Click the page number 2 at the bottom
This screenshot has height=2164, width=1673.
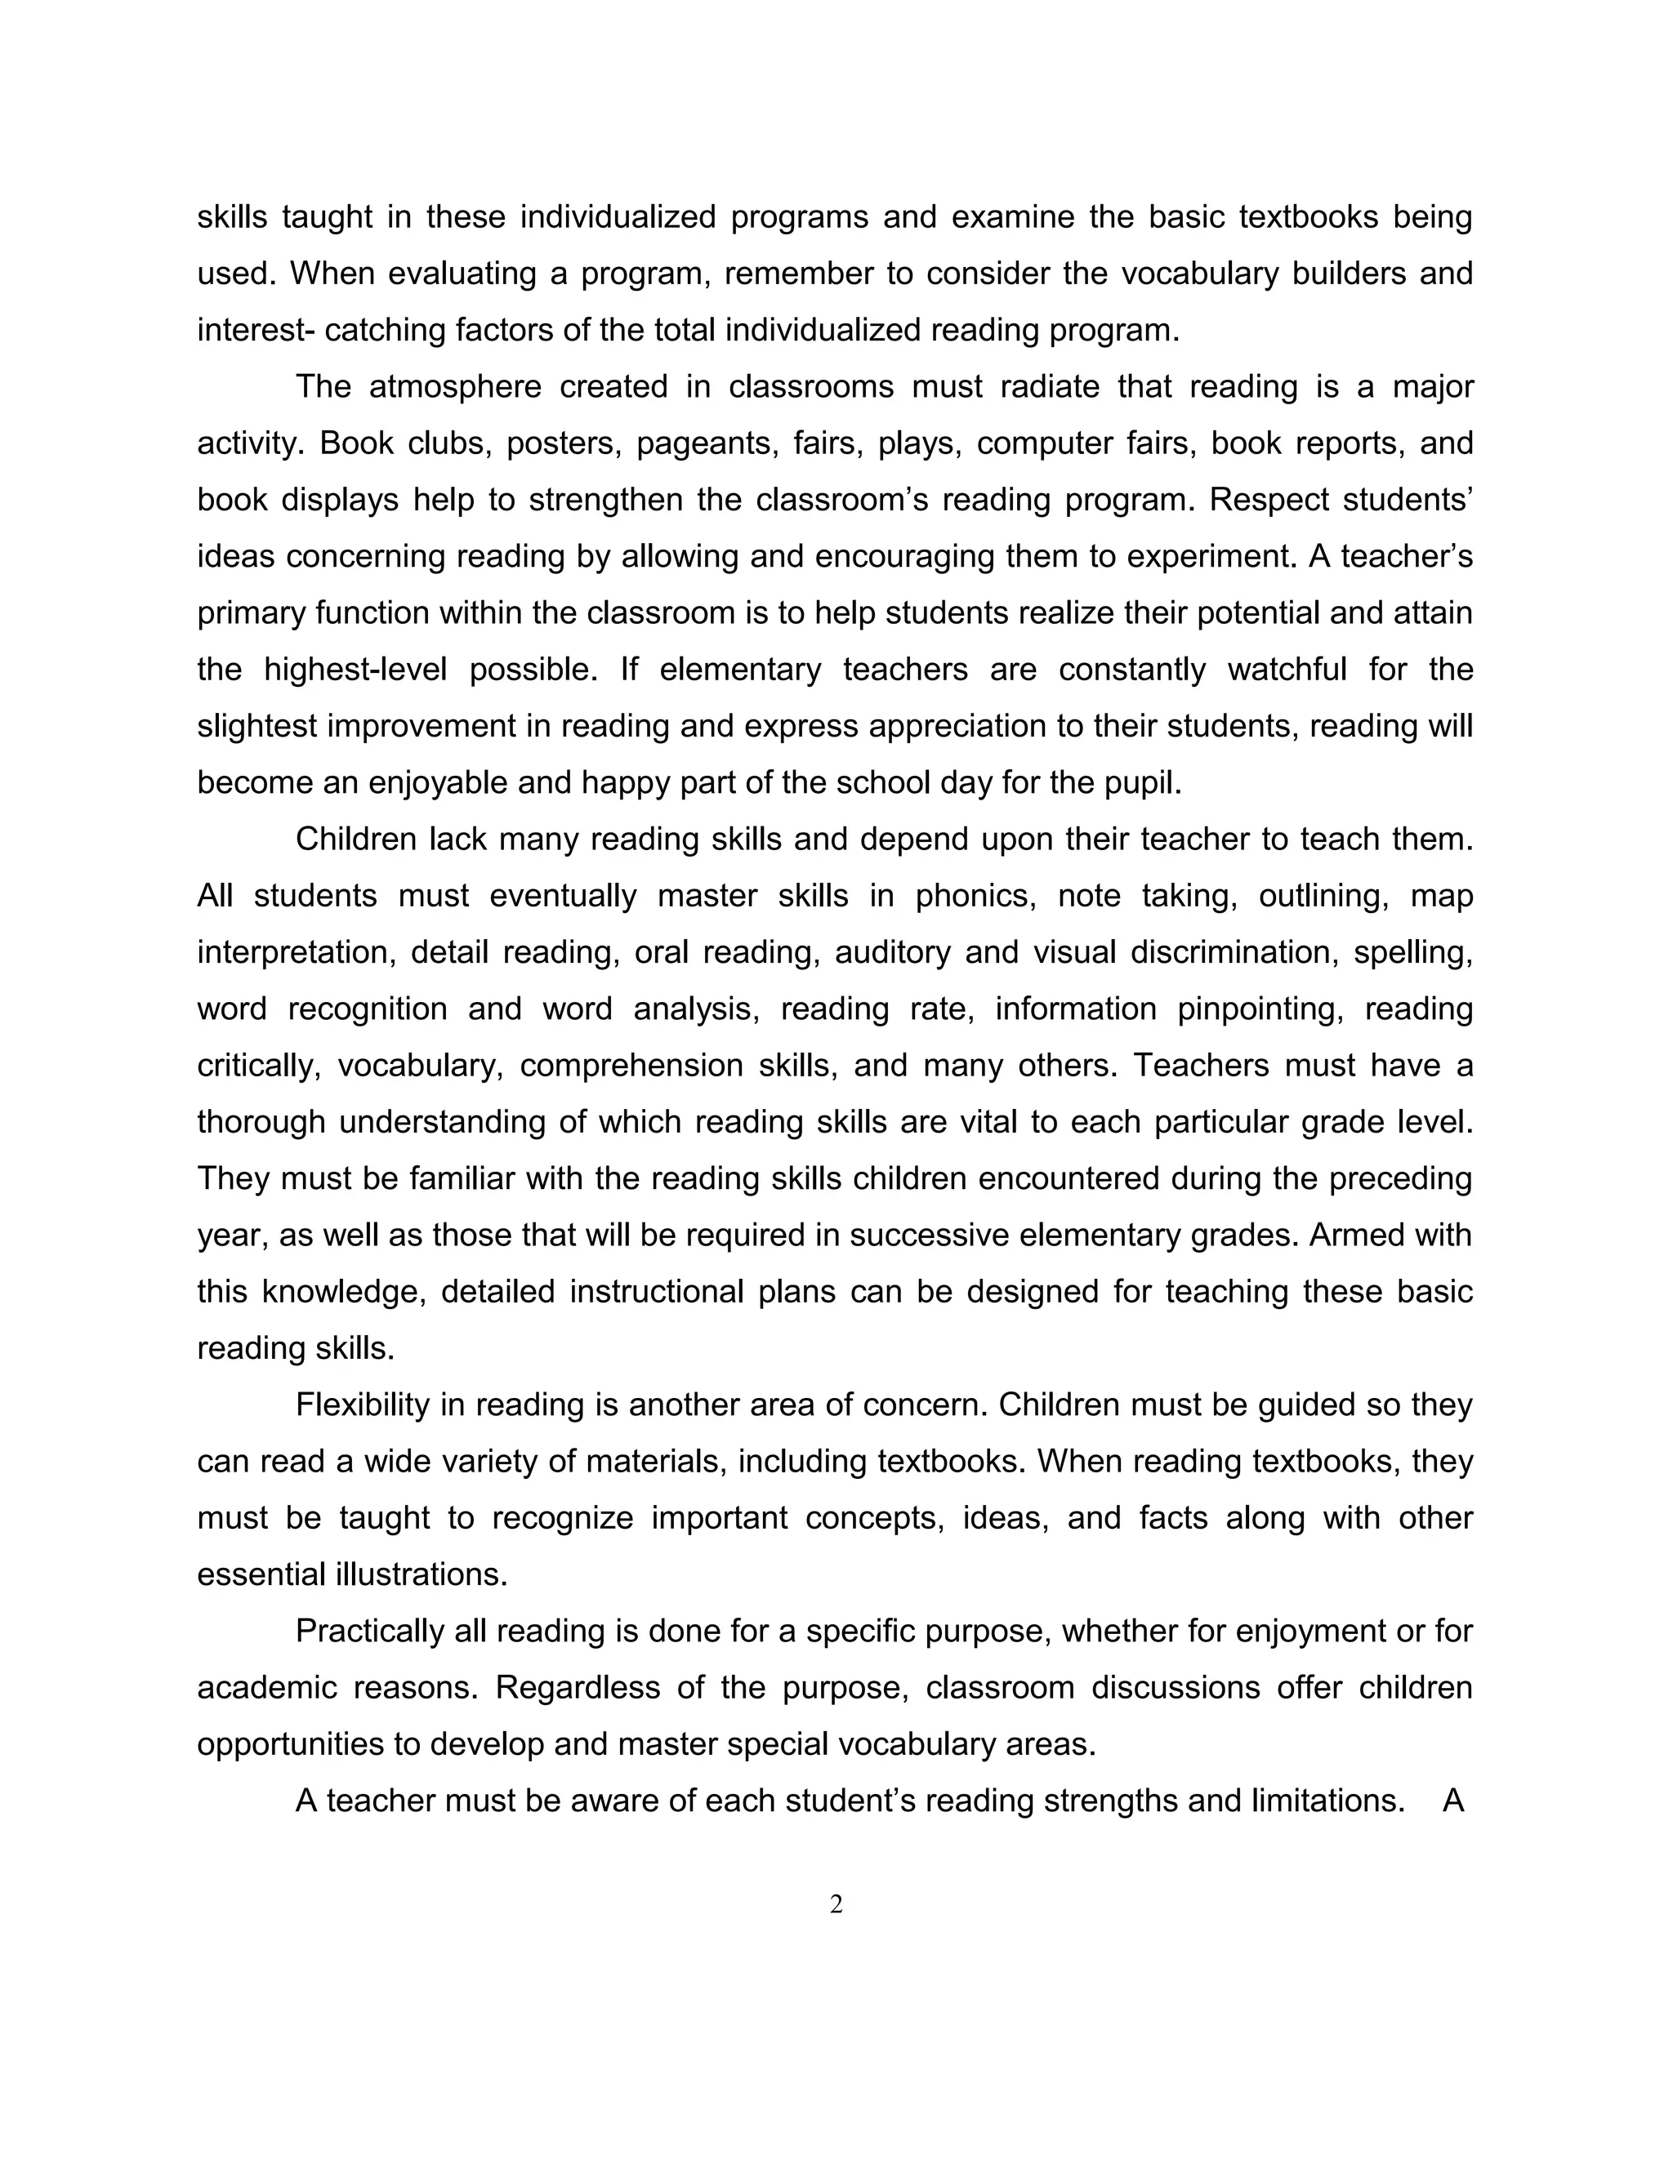[836, 1904]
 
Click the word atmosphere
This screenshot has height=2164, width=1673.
[455, 386]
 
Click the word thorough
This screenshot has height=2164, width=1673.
[261, 1122]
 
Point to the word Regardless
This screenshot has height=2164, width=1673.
[578, 1687]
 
